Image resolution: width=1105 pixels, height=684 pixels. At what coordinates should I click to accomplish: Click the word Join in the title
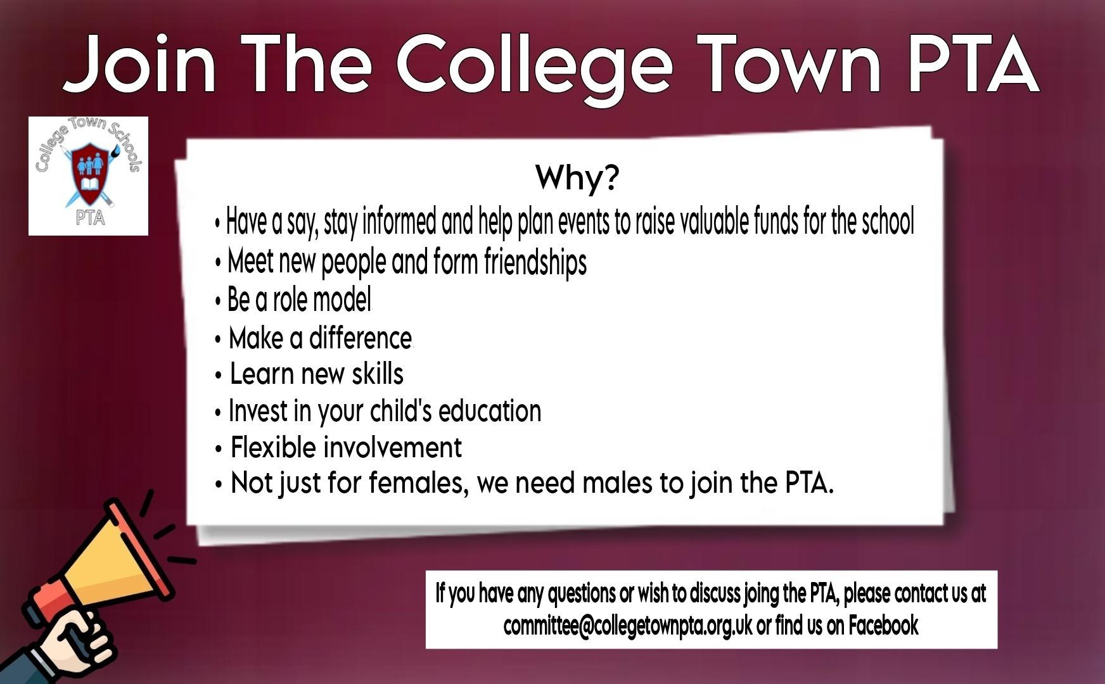[x=140, y=64]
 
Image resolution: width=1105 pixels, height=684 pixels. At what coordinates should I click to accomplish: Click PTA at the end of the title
[x=973, y=63]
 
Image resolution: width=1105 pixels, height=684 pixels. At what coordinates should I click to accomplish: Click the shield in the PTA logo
[x=89, y=173]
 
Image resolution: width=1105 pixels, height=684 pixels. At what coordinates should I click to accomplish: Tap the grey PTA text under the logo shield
[x=90, y=217]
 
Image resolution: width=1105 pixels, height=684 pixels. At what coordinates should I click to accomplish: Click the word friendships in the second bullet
[x=535, y=262]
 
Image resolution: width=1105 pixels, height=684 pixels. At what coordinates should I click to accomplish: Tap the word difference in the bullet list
[x=361, y=338]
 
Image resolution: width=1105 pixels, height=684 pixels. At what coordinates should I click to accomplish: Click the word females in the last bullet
[x=419, y=483]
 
